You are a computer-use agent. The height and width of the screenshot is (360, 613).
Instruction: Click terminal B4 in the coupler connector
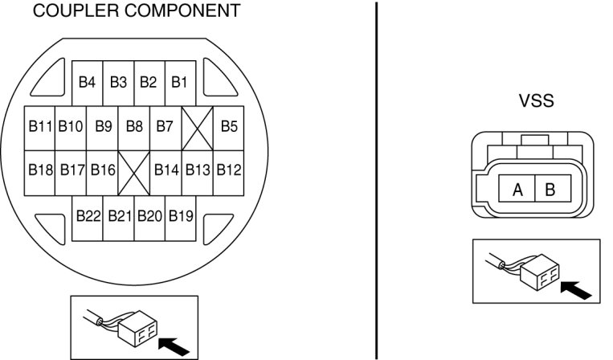88,82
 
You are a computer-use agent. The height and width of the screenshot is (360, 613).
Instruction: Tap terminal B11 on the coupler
40,126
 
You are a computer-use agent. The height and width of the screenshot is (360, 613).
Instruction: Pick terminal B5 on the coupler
229,126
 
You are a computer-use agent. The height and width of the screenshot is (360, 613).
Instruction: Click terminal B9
103,126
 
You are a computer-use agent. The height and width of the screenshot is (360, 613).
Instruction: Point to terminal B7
165,126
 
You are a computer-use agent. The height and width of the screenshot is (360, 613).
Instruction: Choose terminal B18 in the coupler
40,170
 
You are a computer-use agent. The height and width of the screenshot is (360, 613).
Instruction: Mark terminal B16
103,170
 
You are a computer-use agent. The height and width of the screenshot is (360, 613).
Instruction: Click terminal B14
166,170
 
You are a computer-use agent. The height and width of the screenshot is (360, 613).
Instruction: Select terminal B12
229,170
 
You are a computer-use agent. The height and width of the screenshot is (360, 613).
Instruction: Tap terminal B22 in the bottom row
88,215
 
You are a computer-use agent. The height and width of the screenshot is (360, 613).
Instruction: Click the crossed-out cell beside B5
198,127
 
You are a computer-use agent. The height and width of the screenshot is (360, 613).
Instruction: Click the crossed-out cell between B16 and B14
134,171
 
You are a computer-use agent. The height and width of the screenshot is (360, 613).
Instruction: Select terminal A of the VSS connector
518,190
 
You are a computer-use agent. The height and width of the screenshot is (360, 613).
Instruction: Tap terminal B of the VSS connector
550,190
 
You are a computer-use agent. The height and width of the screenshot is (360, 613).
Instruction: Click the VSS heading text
537,102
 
